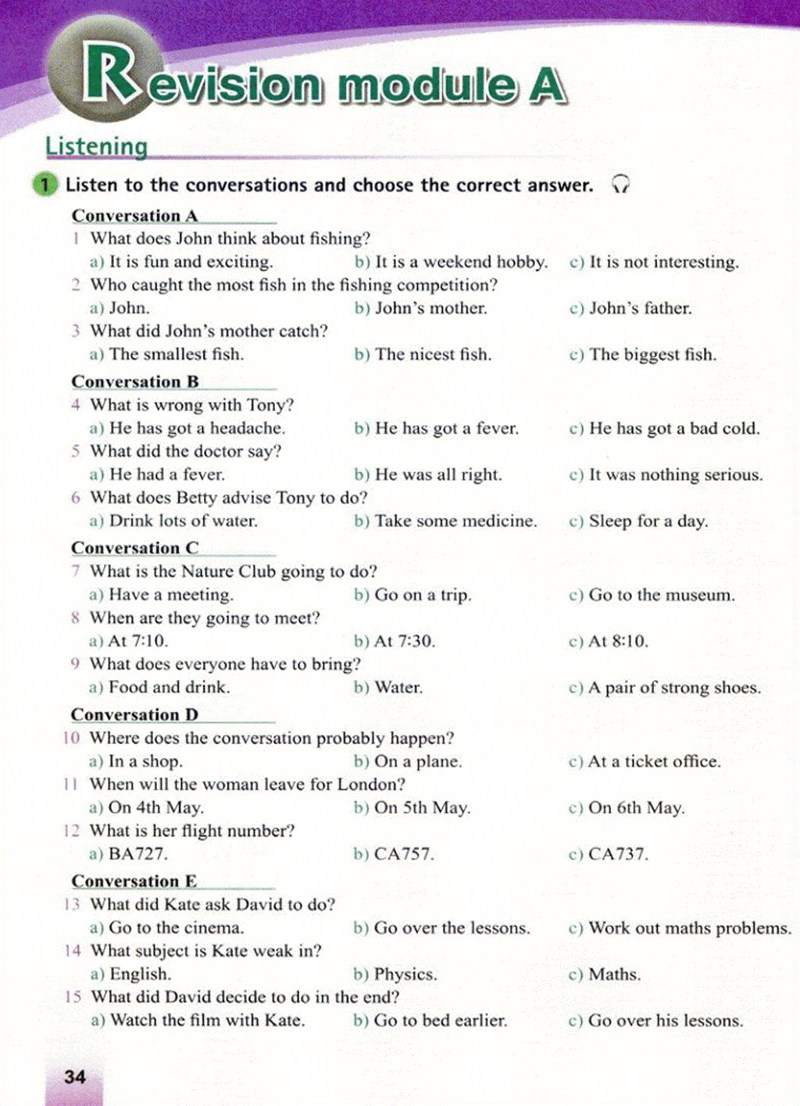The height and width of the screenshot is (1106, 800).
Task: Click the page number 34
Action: tap(75, 1076)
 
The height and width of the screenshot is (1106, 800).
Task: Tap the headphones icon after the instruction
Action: tap(620, 184)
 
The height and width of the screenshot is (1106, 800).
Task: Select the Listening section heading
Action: tap(96, 146)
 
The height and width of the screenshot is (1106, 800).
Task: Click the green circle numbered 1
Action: tap(45, 184)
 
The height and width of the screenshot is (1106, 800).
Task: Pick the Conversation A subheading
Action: tap(134, 216)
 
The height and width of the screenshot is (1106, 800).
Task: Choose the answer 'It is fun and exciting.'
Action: tap(191, 262)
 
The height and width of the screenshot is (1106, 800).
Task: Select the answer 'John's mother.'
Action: tap(430, 308)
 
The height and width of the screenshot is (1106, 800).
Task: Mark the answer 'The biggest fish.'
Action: tap(652, 354)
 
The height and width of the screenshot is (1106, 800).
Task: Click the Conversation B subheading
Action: tap(135, 381)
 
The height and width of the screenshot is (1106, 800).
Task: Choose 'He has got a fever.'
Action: tap(446, 428)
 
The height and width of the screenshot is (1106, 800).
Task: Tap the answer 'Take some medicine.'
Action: tap(455, 521)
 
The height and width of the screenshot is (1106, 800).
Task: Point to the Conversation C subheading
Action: tap(135, 548)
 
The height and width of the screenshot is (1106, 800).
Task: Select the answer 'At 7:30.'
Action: tap(405, 641)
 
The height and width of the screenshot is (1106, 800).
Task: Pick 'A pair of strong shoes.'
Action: tap(673, 688)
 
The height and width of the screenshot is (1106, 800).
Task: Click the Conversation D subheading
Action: tap(134, 714)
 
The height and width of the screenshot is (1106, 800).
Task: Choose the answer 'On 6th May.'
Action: tap(636, 807)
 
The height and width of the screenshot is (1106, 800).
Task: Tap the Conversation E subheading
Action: tap(134, 881)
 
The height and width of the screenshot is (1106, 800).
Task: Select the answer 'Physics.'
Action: tap(405, 974)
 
